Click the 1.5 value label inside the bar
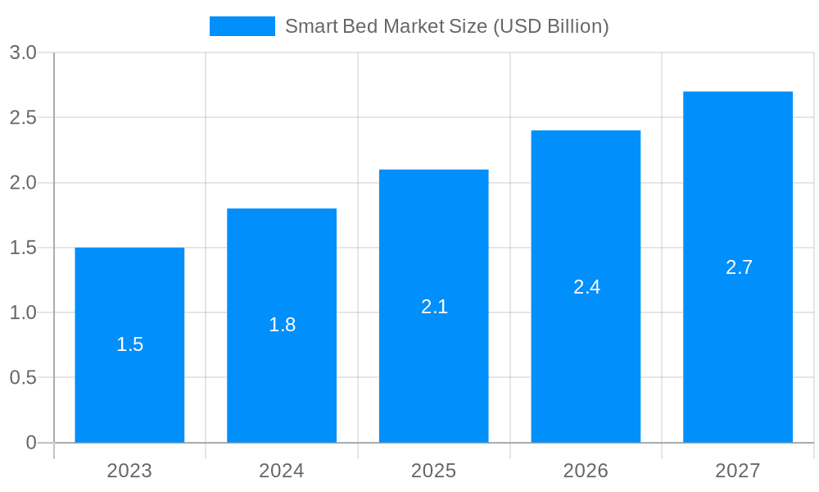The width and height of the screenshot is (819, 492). coord(129,344)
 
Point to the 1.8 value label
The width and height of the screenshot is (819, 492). coord(282,325)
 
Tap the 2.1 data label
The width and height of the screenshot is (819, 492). coord(434,307)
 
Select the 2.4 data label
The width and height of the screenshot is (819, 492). coord(586,287)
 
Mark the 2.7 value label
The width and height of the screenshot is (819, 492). coord(739,267)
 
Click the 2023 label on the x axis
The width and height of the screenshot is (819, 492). coord(129,471)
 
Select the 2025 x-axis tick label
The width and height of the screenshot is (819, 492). coord(434,471)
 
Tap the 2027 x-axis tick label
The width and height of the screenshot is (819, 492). coord(738,471)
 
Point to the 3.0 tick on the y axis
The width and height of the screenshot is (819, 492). coord(23,52)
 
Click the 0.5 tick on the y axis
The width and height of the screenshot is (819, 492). coord(23,377)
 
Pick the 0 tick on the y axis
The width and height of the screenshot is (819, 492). coord(31,443)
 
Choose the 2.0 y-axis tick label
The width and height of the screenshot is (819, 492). coord(23,182)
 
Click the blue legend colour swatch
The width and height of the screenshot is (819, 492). coord(242,26)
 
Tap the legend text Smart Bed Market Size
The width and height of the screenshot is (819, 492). coord(446,26)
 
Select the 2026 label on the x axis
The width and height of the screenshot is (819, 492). coord(586,471)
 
